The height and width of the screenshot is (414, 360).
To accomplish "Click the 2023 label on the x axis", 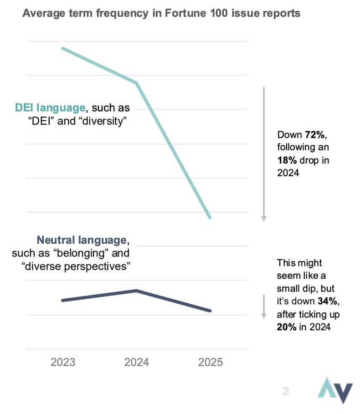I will (x=63, y=362).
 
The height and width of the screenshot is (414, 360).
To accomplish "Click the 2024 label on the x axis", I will (x=137, y=362).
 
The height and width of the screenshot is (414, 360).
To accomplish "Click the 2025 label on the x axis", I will (x=211, y=362).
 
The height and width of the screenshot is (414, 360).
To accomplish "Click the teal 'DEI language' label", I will (x=50, y=108).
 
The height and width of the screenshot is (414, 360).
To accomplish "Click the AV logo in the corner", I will (x=335, y=390).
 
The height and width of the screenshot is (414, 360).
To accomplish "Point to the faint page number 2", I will (x=286, y=391).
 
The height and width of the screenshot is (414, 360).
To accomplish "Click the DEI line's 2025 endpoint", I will (x=210, y=218).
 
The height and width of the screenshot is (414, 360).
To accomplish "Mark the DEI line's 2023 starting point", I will (x=62, y=48).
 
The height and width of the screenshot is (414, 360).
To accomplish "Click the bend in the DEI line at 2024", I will (x=136, y=83).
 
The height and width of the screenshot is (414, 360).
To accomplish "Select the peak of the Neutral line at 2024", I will (x=136, y=291).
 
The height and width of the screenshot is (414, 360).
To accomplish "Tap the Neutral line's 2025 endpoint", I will (x=210, y=311).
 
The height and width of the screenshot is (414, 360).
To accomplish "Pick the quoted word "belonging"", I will (x=91, y=253).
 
